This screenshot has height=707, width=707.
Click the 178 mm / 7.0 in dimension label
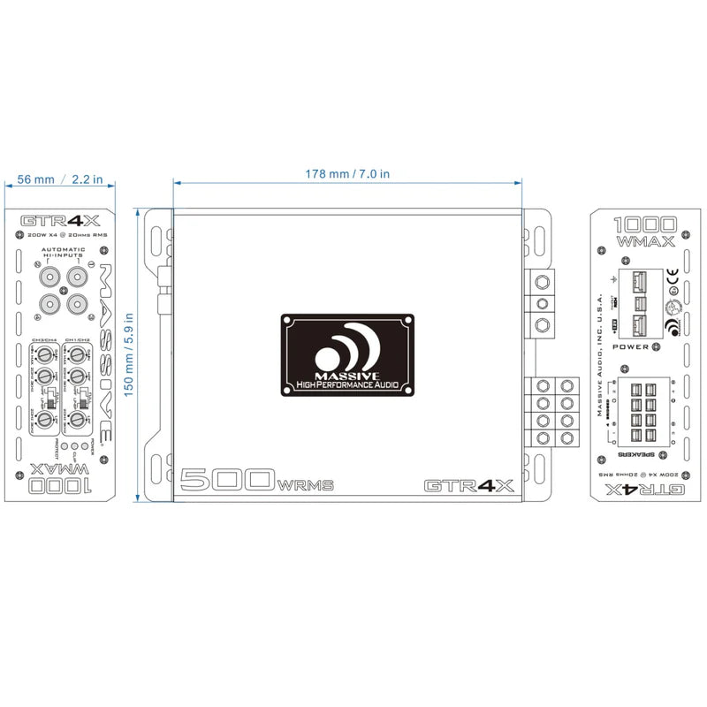click(346, 174)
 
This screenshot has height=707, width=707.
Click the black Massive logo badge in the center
click(347, 353)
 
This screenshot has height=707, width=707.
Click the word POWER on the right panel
click(631, 347)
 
